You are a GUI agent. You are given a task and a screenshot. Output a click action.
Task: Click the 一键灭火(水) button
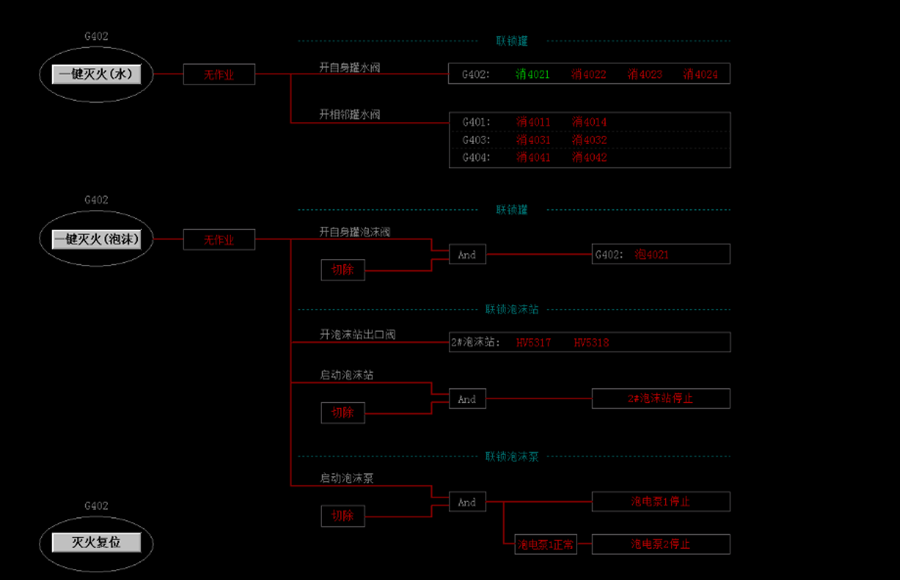tap(96, 74)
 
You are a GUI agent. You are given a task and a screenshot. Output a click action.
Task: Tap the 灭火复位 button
tap(96, 543)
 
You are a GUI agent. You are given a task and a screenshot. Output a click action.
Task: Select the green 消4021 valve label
tap(533, 74)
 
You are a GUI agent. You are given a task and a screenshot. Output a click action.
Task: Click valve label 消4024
tap(701, 74)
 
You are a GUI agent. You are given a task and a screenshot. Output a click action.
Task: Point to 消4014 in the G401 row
tap(589, 122)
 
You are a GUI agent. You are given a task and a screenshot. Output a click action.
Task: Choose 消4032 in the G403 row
tap(589, 140)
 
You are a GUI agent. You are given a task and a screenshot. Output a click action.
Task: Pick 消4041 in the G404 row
tap(533, 158)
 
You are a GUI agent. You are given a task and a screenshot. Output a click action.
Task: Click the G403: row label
tap(476, 140)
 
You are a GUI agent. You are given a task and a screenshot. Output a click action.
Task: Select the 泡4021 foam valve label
tap(651, 254)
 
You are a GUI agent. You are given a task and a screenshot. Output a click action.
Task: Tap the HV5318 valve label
tap(591, 342)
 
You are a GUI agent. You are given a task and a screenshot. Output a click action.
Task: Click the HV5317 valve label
tap(533, 342)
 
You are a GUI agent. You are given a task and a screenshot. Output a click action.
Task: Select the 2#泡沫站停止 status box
tap(660, 399)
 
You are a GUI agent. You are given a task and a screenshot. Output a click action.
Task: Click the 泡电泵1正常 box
tap(545, 544)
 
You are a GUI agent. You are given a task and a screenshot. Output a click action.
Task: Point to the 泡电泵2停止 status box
tap(660, 544)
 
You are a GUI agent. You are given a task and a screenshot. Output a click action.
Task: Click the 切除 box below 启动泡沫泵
tap(343, 516)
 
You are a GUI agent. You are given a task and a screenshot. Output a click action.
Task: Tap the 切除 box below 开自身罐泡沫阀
tap(343, 269)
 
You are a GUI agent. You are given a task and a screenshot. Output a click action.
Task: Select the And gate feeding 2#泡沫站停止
tap(467, 399)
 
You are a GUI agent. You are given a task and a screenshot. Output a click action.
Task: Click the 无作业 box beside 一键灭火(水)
tap(219, 74)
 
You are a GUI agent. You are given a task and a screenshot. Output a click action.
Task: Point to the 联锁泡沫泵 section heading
tap(512, 457)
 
